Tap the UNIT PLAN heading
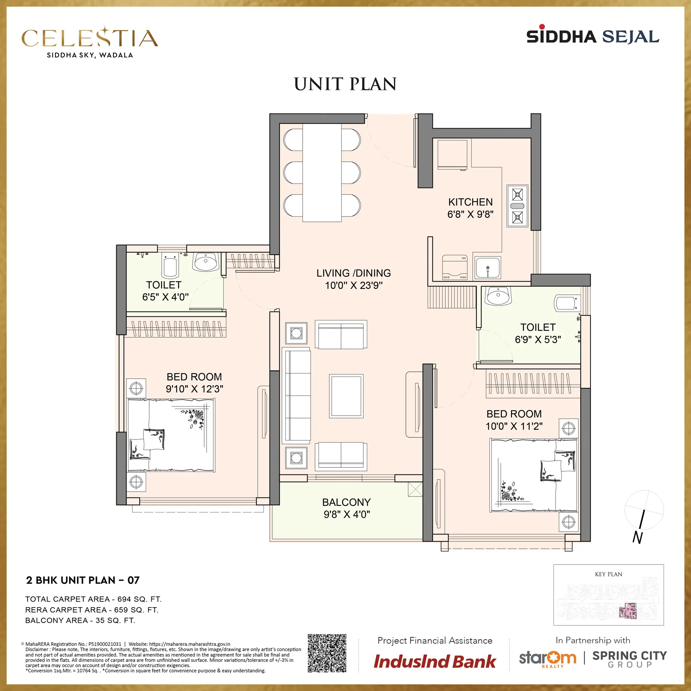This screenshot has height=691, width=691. [345, 84]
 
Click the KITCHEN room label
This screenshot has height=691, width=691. [470, 202]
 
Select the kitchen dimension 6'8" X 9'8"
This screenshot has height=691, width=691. [470, 214]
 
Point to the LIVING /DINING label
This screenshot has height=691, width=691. [353, 273]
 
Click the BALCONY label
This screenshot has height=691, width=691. [346, 502]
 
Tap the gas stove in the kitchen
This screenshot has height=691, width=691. [517, 206]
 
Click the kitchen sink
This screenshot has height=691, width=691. [488, 267]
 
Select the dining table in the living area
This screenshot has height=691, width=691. [322, 173]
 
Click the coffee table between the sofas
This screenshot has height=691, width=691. [346, 396]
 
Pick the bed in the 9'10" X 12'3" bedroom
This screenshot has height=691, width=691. [171, 435]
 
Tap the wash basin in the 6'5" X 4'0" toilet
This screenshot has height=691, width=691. [206, 262]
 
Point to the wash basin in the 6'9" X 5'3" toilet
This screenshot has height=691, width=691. [499, 296]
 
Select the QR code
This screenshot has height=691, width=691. [327, 653]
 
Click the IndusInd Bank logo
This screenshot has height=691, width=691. [435, 661]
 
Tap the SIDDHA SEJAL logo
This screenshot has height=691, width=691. [593, 35]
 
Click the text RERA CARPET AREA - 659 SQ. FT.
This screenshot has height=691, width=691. [92, 610]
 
